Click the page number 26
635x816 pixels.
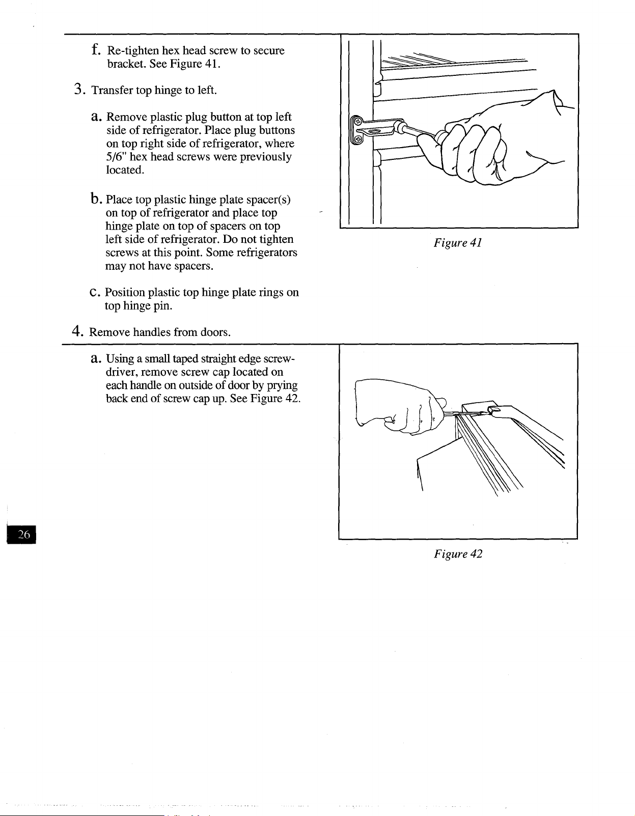tap(23, 534)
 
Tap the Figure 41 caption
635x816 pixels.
tap(457, 243)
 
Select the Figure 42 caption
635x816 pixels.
tap(458, 554)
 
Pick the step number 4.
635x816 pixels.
tap(77, 331)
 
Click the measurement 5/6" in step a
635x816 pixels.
tap(117, 156)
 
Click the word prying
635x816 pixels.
tap(282, 386)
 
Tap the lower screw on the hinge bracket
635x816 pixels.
tap(357, 139)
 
